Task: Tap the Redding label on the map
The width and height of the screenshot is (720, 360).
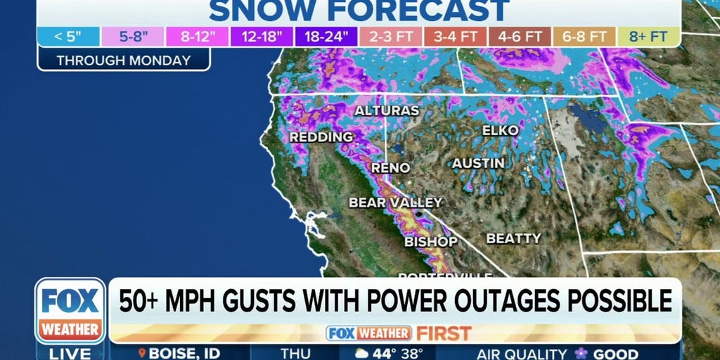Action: tap(321, 136)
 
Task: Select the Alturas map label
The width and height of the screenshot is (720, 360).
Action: tap(387, 110)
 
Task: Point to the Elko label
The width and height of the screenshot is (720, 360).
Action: tap(501, 130)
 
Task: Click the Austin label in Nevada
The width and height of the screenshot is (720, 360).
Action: tap(478, 163)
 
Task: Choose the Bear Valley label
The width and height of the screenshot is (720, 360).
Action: tap(396, 202)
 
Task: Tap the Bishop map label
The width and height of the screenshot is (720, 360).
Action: tap(431, 242)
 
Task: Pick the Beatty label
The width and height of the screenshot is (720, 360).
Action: tap(514, 238)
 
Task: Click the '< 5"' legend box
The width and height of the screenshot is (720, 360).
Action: tap(69, 37)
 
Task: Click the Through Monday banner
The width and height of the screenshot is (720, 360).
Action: tap(124, 60)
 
